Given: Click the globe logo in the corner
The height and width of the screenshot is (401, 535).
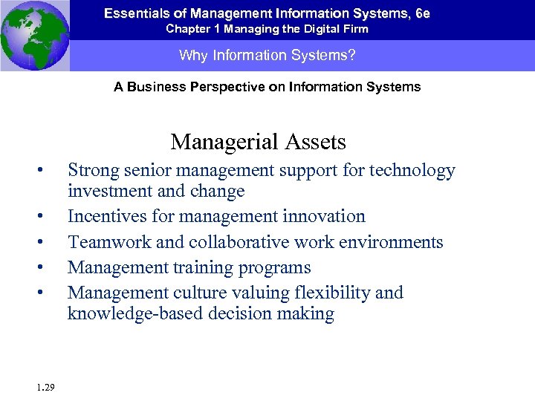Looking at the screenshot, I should point(35,35).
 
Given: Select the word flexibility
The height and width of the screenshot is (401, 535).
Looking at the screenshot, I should point(334,293).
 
